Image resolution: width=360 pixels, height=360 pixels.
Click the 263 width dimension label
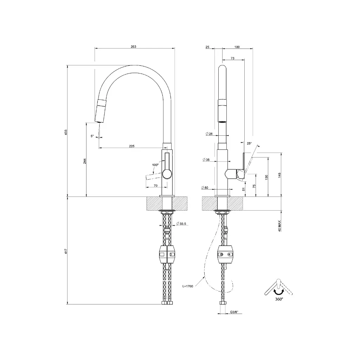pos(133,47)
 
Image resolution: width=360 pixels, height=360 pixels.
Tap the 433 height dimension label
pos(66,132)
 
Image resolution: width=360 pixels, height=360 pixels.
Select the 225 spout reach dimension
pos(131,146)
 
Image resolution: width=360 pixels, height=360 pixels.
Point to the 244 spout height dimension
pos(85,161)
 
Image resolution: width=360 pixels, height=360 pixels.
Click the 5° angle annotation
pos(92,136)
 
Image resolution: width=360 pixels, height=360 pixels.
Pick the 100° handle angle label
pos(155,165)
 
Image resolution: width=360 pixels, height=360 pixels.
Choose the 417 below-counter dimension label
pos(66,251)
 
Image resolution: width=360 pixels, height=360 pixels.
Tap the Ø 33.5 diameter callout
pos(181,223)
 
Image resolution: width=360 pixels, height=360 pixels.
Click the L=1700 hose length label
pos(188,286)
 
